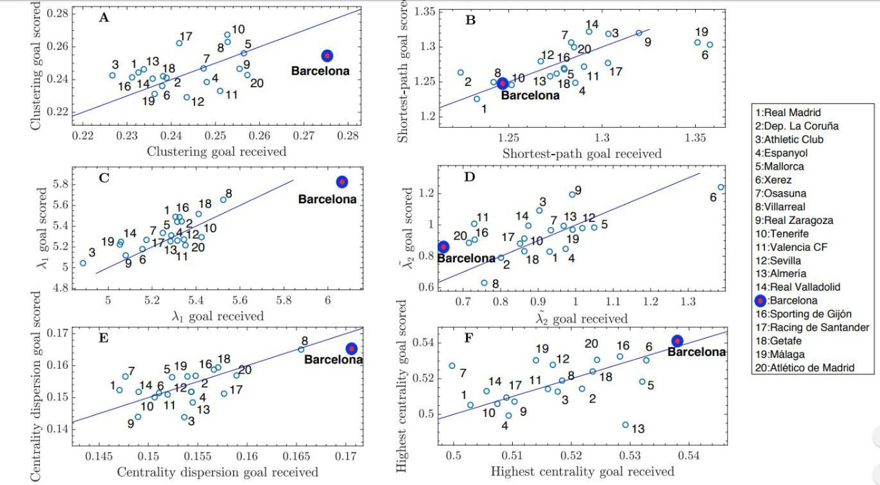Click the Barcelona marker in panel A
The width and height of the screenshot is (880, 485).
click(x=327, y=56)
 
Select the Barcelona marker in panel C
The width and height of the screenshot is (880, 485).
click(x=342, y=181)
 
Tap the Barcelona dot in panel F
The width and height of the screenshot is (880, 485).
click(x=677, y=341)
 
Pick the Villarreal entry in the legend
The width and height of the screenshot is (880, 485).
click(x=788, y=206)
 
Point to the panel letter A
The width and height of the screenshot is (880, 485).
click(x=104, y=18)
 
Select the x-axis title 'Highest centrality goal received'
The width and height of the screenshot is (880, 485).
click(x=582, y=471)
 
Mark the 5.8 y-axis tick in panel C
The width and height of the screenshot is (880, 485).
click(x=61, y=184)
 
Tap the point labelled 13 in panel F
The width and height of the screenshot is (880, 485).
click(x=626, y=425)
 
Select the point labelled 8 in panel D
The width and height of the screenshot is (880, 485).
click(x=484, y=282)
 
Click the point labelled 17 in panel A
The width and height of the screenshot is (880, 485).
click(x=179, y=43)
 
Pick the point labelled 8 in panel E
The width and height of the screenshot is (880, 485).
click(x=300, y=350)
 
